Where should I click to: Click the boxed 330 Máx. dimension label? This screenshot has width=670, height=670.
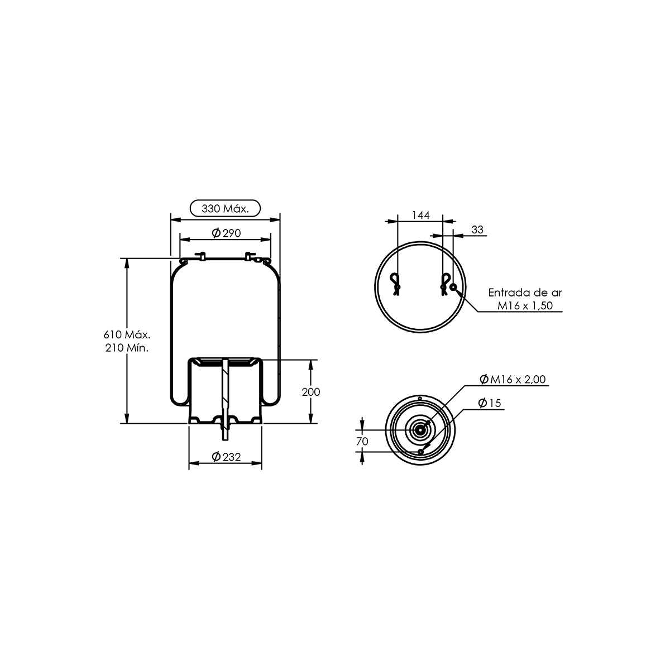coord(226,208)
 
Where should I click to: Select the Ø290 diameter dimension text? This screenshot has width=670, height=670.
coord(226,233)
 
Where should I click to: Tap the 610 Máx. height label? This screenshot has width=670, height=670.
coord(127,334)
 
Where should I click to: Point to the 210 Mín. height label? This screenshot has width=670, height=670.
coord(127,348)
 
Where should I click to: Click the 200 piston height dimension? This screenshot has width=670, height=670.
coord(311,392)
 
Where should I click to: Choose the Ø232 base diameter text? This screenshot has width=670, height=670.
coord(226,457)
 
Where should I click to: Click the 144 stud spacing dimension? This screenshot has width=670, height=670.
coord(421,215)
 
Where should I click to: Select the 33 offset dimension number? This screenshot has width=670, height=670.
coord(477,229)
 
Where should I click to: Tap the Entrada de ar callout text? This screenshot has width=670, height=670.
coord(525,293)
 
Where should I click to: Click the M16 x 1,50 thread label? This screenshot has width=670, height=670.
coord(525,305)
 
